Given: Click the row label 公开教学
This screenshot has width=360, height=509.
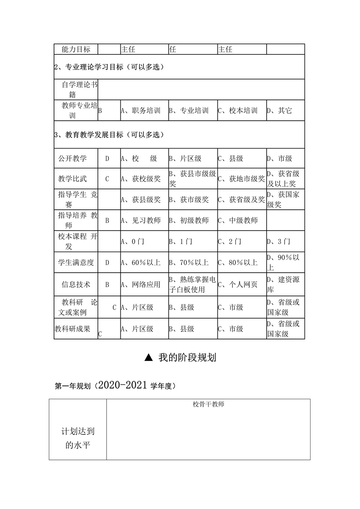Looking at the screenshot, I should pos(72,159).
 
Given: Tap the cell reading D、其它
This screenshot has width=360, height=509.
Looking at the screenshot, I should pos(279,111).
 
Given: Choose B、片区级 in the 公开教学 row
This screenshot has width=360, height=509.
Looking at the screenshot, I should pos(185,159).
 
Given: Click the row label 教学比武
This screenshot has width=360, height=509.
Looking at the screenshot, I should pos(72,179).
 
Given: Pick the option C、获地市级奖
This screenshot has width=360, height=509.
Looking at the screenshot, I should pos(241,179).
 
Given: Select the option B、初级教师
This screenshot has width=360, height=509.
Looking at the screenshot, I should pos(189,221).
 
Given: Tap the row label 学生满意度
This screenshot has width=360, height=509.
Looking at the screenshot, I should pos(76,263).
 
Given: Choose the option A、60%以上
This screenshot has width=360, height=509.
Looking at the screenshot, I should pos(141,263).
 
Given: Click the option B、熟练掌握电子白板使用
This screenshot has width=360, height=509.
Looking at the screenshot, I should pos(192,284).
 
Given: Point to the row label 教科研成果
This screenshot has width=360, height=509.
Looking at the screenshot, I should pos(72,329).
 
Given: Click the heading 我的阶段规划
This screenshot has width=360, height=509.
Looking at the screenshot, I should pos(187,357).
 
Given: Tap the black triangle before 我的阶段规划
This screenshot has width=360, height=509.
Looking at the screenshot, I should pos(148,358).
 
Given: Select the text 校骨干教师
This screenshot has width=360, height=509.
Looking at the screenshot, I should pos(208,404).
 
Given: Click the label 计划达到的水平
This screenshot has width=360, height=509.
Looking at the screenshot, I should pos(78,438).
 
